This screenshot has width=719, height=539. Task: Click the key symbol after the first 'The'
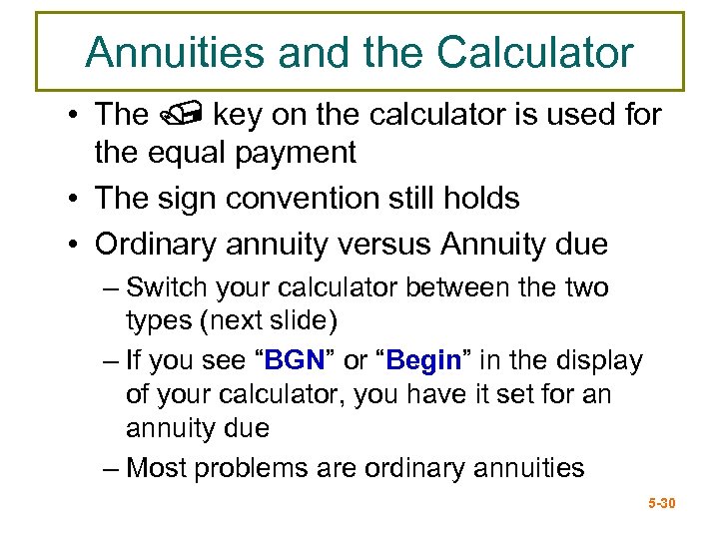tap(181, 116)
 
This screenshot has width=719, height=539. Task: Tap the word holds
tap(483, 198)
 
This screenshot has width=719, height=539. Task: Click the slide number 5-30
tap(661, 503)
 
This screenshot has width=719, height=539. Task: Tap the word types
tap(160, 321)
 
